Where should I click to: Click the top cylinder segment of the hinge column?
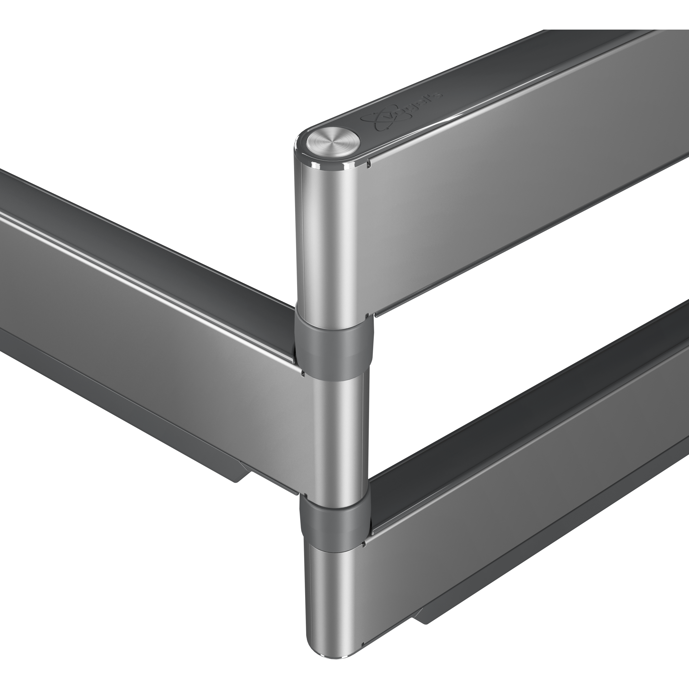pos(330,243)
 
